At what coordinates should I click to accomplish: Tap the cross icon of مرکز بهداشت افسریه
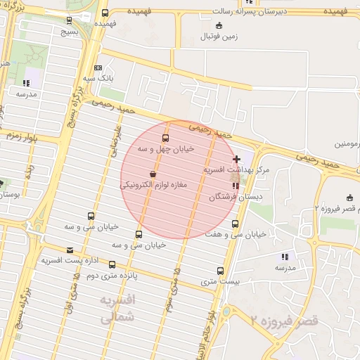[236, 160]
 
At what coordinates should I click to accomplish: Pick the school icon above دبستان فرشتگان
[235, 186]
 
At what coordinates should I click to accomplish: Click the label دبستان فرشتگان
[235, 198]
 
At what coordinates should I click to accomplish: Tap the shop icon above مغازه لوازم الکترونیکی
[153, 174]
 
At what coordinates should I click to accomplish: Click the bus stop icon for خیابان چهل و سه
[165, 138]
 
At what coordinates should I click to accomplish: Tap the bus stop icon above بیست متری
[221, 271]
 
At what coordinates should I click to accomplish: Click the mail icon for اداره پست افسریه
[69, 250]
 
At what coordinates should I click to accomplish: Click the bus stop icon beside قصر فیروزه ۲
[350, 198]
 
